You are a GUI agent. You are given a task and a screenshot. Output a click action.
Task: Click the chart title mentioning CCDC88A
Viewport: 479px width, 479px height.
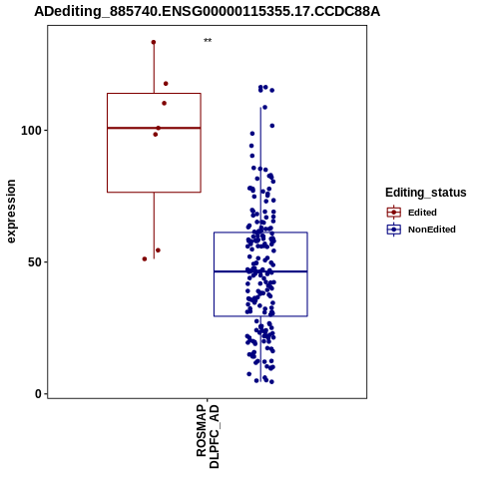[207, 12]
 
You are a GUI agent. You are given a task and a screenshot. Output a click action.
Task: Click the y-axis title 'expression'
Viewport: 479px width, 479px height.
[11, 212]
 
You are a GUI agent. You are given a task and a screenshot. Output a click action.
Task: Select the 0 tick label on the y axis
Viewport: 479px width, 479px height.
[39, 394]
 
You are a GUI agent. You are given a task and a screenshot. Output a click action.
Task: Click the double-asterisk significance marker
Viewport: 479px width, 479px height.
[208, 41]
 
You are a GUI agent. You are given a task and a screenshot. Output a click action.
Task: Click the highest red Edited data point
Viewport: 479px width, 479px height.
[154, 42]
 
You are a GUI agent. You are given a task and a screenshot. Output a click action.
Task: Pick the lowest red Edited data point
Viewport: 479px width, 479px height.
[145, 258]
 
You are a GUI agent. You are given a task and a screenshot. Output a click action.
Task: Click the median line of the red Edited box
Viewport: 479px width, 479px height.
[154, 128]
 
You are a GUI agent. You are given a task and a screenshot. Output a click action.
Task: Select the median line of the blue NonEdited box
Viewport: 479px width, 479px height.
[260, 271]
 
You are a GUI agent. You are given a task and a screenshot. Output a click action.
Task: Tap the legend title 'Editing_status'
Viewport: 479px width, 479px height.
[426, 193]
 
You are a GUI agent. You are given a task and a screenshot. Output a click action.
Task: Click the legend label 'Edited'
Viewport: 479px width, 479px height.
[422, 213]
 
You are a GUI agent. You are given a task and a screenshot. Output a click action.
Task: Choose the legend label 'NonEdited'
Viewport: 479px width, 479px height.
[432, 230]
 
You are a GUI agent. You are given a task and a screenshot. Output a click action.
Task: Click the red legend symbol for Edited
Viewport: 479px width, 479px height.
[394, 213]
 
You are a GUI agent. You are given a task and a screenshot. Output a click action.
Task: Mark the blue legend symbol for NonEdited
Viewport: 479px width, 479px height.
[394, 230]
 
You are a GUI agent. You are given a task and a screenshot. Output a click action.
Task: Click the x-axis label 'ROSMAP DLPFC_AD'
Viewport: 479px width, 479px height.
[208, 436]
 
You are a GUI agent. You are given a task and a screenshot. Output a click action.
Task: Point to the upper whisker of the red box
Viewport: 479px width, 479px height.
[154, 68]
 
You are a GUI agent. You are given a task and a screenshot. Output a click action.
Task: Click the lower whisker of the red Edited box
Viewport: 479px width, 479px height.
[154, 226]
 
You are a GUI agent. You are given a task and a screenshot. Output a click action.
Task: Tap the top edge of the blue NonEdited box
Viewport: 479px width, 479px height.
[260, 233]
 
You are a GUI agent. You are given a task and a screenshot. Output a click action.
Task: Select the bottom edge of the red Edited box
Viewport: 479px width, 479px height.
[154, 192]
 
